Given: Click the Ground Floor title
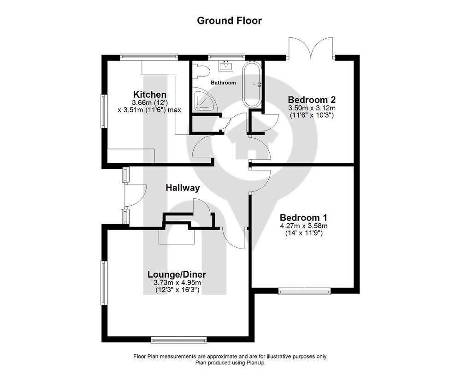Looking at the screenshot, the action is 229,21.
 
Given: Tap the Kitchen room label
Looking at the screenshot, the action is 150,95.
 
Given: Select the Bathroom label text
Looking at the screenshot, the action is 223,83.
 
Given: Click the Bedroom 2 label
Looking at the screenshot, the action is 312,100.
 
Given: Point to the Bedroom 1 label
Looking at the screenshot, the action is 303,218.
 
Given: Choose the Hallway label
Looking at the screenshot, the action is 183,188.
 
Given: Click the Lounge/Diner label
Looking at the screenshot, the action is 177,274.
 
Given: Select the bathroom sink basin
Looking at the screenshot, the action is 226,65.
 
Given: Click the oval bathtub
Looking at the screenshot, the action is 252,85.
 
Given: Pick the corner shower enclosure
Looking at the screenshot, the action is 205,100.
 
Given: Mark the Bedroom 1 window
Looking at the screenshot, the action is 305,292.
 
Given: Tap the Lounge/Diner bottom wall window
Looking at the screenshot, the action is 179,340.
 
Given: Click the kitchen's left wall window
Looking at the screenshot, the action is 103,111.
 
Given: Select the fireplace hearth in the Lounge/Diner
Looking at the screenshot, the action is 177,237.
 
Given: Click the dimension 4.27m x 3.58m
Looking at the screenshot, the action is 304,226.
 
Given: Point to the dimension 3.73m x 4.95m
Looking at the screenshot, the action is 177,283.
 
